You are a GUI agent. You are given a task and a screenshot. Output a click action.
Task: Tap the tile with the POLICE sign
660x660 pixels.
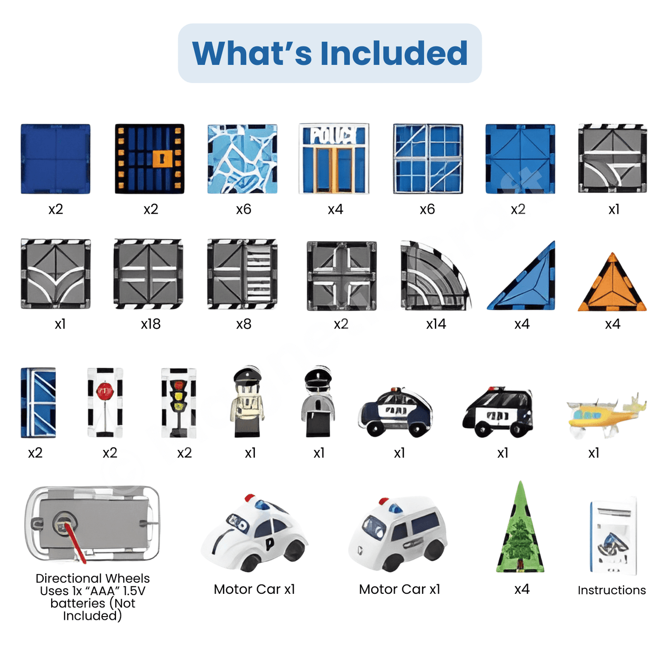point(334,158)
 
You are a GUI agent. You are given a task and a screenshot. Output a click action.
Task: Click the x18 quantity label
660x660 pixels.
point(151,324)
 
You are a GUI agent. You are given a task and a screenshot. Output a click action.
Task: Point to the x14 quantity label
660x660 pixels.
point(436,324)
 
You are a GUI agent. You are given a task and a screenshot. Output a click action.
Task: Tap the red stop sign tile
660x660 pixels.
point(105,402)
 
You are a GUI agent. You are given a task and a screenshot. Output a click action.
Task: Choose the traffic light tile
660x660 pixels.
point(179,402)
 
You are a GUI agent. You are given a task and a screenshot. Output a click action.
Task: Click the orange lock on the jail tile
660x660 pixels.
point(162,158)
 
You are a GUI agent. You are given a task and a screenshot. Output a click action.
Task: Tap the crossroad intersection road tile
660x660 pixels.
point(342,276)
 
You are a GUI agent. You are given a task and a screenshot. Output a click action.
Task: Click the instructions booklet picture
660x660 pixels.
point(613,536)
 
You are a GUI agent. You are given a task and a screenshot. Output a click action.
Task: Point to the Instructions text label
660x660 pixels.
point(612,590)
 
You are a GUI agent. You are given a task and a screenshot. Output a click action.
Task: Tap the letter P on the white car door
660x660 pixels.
point(269,543)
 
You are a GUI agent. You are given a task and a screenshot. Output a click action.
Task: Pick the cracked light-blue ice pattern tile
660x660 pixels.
point(242,159)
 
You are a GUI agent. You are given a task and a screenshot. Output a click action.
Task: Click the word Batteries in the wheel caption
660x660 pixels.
point(78,603)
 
